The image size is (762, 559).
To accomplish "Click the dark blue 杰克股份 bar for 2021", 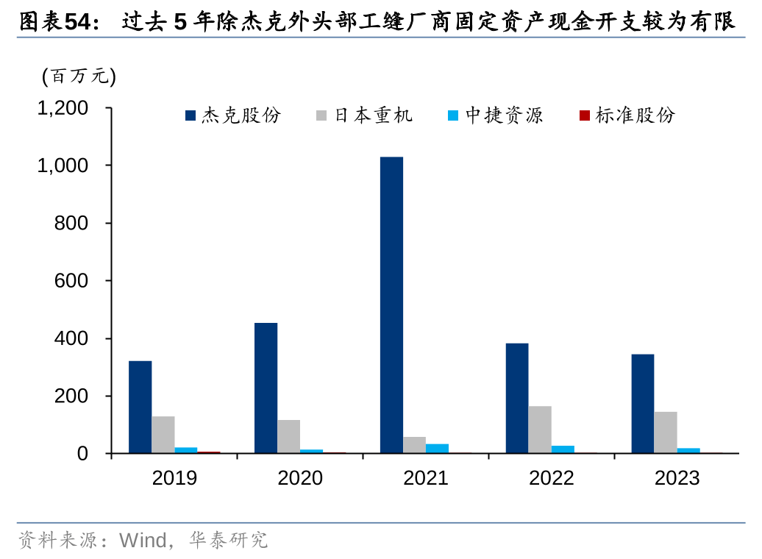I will (391, 305).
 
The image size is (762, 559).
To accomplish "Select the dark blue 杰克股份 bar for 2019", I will (140, 407).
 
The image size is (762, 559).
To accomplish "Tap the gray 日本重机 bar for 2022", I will (539, 430).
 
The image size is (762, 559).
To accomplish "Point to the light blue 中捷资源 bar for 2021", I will (437, 449).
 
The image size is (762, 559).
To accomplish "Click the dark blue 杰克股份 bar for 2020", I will (266, 388).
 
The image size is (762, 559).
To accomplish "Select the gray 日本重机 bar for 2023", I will (665, 432).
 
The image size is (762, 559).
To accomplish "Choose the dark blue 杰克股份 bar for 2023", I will (642, 404).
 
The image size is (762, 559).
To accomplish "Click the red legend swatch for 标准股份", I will (584, 115).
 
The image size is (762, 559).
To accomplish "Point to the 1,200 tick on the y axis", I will (63, 108).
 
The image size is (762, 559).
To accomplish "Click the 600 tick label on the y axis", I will (71, 281).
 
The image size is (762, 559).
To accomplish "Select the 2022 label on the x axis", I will (551, 478).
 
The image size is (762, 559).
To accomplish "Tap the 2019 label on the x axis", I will (174, 478).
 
